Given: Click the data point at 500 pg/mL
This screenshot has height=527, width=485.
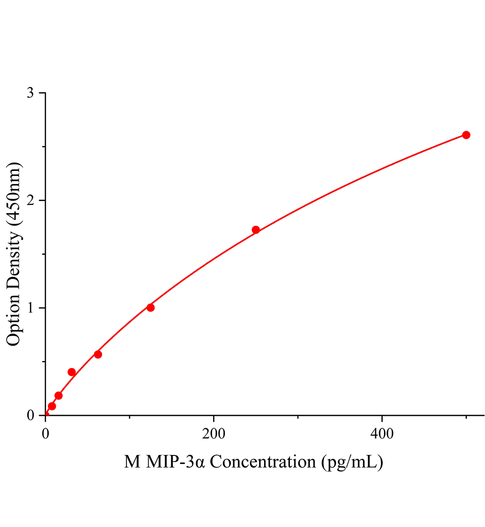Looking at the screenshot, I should (x=466, y=135).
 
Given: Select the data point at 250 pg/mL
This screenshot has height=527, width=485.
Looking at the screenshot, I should (x=256, y=230).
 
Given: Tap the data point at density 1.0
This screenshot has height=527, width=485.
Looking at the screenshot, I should (x=151, y=307).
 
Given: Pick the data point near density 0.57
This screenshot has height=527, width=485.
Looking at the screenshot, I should (x=98, y=354).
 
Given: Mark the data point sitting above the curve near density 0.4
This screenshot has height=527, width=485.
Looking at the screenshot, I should (x=72, y=372).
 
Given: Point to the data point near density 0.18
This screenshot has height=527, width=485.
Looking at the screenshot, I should (x=58, y=396).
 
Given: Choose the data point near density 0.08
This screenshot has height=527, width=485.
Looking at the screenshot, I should (x=52, y=406).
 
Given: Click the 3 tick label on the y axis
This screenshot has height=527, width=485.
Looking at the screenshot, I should (x=30, y=93).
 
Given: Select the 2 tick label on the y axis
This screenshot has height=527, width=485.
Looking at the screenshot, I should (x=30, y=201).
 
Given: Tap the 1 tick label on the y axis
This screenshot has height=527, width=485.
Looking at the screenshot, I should (x=30, y=308).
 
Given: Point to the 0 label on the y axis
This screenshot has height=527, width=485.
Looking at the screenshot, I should (x=30, y=415).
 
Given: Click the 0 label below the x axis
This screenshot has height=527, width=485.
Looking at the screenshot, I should (x=46, y=433).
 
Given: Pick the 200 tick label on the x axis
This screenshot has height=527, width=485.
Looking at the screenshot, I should (x=214, y=433).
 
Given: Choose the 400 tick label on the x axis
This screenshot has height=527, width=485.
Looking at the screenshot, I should (x=382, y=433).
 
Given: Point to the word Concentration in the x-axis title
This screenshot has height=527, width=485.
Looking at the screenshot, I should (x=262, y=462).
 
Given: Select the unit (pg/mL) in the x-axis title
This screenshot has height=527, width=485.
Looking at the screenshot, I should (x=352, y=462).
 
